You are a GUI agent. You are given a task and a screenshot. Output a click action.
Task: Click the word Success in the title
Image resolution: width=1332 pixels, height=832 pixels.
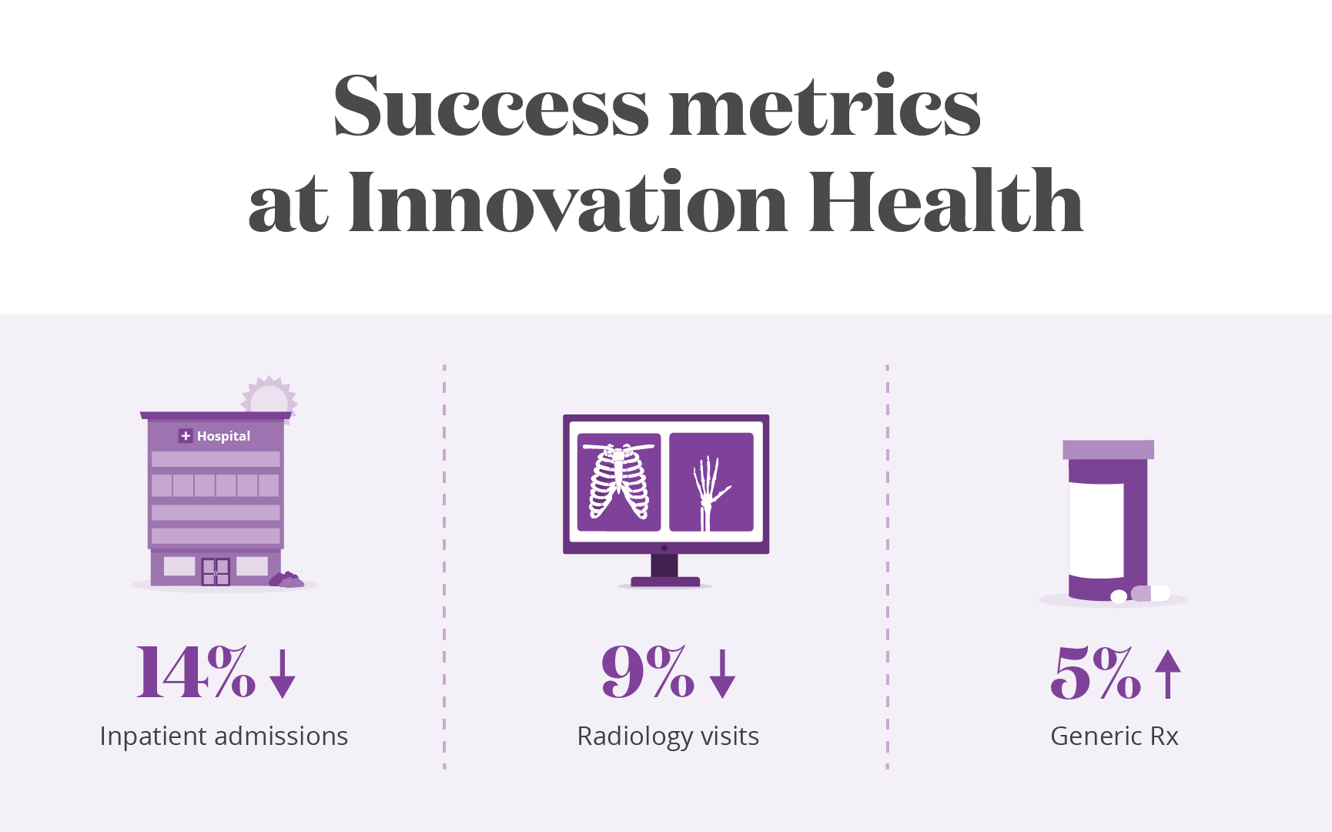491,106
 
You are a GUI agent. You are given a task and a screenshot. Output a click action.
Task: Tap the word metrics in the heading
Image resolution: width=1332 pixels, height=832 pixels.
825,106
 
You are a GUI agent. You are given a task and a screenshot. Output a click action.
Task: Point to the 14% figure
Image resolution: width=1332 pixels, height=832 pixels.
196,673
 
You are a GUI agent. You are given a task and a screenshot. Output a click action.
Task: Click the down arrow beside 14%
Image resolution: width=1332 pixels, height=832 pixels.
283,674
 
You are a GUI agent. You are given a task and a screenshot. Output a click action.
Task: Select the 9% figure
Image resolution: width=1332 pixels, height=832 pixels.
648,673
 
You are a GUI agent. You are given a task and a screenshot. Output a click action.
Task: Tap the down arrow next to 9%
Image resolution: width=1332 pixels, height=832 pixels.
722,674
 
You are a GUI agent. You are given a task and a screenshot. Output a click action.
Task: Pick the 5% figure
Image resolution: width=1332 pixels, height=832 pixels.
1095,673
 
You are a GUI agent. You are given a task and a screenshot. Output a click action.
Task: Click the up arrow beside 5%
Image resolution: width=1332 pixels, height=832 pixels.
1168,674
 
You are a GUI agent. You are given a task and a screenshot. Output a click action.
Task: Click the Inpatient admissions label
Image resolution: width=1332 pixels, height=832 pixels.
224,737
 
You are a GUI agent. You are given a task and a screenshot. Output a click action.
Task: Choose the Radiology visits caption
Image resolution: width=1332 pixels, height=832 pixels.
668,737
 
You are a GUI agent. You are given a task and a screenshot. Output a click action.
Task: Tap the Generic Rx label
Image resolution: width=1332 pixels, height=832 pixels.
1114,736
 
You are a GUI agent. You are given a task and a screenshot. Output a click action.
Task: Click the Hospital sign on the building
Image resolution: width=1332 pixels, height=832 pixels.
215,436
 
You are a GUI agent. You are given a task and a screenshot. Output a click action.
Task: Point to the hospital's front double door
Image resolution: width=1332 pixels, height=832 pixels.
216,572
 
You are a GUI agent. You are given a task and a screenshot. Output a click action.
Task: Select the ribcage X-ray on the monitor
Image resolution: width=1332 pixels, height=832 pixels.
619,482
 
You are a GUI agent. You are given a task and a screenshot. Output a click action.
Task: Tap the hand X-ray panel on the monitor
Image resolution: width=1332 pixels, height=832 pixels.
711,482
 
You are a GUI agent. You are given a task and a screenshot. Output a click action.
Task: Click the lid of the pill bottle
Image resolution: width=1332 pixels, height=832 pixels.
1108,450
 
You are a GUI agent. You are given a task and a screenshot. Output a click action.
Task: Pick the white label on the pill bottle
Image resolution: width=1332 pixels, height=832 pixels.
1096,530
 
